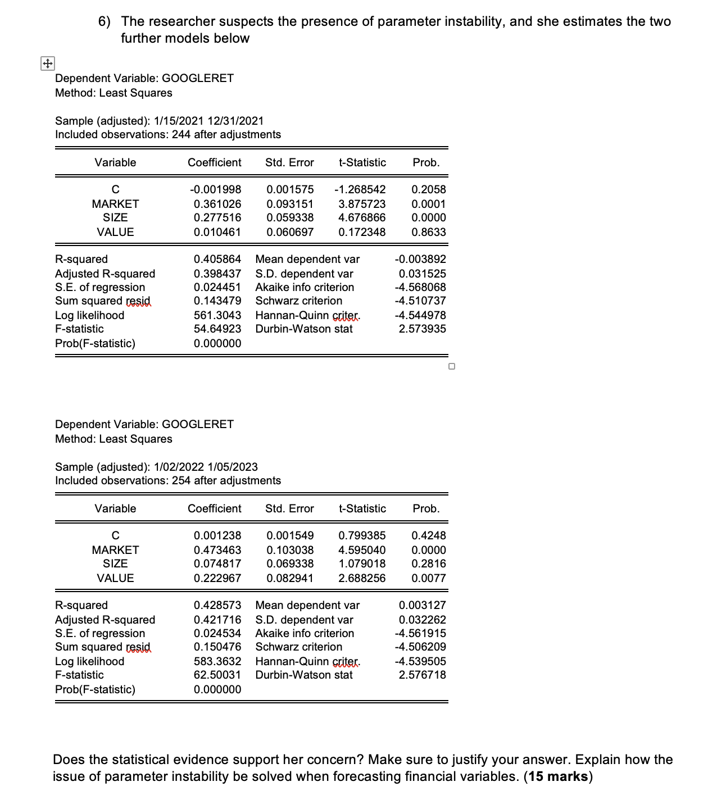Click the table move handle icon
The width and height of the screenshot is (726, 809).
(47, 64)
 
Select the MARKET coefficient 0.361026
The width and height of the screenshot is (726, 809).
(217, 204)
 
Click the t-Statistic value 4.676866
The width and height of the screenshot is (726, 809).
(362, 217)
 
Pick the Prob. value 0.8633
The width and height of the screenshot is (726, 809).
(428, 232)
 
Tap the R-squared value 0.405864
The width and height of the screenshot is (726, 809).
(217, 259)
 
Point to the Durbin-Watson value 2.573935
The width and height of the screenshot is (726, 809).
(422, 329)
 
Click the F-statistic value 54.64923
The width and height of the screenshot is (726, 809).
(217, 329)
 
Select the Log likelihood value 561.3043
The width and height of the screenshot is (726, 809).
(217, 315)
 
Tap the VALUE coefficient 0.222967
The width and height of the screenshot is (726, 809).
(217, 578)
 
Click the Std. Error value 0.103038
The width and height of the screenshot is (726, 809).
(290, 550)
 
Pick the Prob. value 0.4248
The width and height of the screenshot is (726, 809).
(428, 535)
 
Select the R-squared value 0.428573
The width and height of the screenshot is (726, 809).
(217, 605)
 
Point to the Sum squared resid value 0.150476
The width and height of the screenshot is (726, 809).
(217, 647)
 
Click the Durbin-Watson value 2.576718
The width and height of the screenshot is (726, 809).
(422, 675)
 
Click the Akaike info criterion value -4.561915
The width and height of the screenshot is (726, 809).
(420, 633)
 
